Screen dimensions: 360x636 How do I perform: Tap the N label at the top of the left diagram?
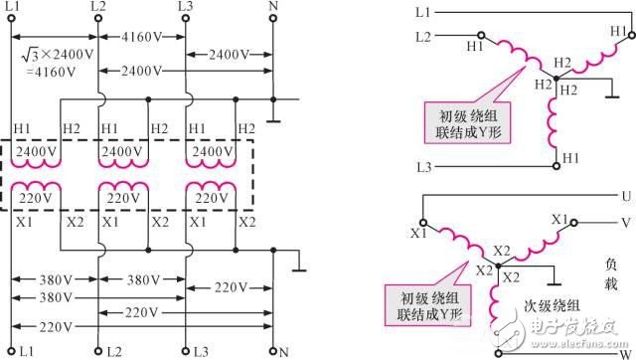click(274, 8)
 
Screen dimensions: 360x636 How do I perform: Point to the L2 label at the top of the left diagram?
click(98, 8)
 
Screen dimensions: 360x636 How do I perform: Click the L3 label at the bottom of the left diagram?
click(200, 352)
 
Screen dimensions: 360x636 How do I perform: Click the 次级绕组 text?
click(548, 307)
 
